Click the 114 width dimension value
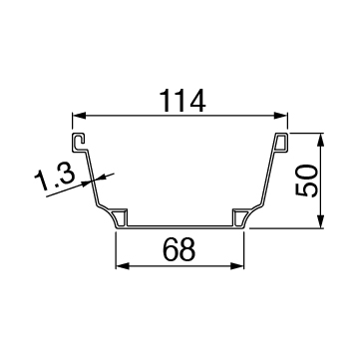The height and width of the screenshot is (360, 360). click(x=182, y=101)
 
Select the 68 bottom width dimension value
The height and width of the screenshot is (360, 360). click(x=180, y=249)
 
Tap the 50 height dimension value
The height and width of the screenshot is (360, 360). click(x=306, y=180)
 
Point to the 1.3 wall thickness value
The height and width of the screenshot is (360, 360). click(x=55, y=180)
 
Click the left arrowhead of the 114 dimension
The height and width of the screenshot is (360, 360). click(x=79, y=116)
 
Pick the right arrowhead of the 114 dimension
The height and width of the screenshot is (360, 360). click(x=280, y=116)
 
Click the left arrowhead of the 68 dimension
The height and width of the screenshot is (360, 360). click(x=123, y=266)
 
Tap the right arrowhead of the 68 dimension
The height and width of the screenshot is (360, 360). click(x=237, y=266)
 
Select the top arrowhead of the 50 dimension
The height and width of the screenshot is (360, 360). click(x=320, y=140)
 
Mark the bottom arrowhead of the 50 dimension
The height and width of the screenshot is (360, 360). click(x=320, y=221)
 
